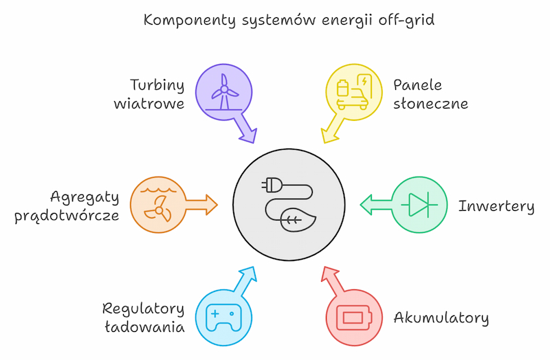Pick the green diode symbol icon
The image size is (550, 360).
419,205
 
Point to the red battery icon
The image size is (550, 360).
353,318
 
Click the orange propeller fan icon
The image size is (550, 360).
157,204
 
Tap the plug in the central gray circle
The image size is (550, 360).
273,185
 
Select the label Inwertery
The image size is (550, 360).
496,206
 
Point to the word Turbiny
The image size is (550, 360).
157,85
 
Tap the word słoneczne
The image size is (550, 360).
430,104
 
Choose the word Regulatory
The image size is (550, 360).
143,308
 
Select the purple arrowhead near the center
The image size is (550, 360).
247,134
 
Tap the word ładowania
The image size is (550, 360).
144,327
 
